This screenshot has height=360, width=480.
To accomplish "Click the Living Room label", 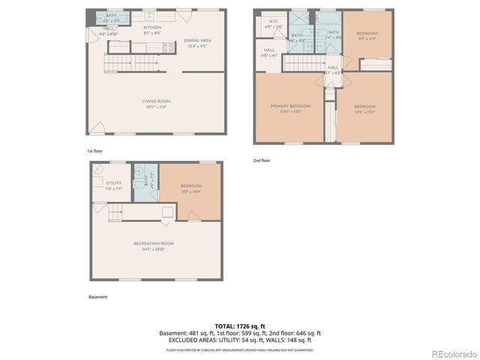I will point(157,103).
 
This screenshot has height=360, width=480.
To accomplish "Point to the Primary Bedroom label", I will point(290,107).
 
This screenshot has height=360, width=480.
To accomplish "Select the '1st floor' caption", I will point(94,151).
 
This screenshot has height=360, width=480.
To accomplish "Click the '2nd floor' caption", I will point(262,160).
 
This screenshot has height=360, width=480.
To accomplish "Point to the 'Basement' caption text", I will point(97,297).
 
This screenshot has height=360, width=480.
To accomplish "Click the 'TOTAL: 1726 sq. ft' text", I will point(239,326).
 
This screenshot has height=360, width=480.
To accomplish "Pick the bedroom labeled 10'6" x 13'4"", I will point(364,107).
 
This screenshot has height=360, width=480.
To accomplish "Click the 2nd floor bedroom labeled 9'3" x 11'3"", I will point(367,35).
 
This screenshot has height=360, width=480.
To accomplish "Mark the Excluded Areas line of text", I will point(239,340).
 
